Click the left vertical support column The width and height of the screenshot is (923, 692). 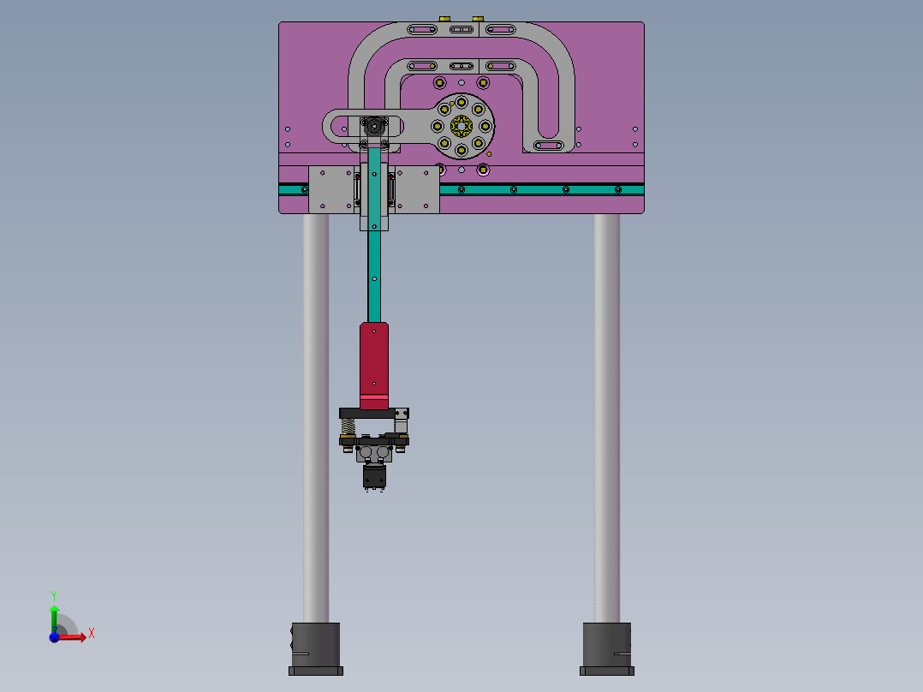tap(316, 411)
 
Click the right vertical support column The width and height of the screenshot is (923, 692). tap(607, 411)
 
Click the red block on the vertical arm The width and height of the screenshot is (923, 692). tap(374, 360)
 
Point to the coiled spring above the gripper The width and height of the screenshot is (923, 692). tap(348, 426)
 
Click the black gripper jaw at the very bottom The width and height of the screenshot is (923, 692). tap(374, 478)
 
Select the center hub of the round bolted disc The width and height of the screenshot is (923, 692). tap(461, 127)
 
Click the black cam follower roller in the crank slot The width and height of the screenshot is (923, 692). tap(374, 126)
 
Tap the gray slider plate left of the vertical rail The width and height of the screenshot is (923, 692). tap(332, 188)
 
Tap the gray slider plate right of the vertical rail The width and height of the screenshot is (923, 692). tap(416, 188)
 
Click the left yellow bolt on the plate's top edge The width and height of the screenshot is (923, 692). tap(444, 18)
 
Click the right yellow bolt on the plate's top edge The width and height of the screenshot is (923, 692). tap(478, 18)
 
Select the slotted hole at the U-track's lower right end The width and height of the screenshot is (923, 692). tap(549, 146)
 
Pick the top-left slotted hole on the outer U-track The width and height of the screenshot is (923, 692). tap(421, 30)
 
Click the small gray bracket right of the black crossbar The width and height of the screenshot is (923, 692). tap(401, 415)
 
